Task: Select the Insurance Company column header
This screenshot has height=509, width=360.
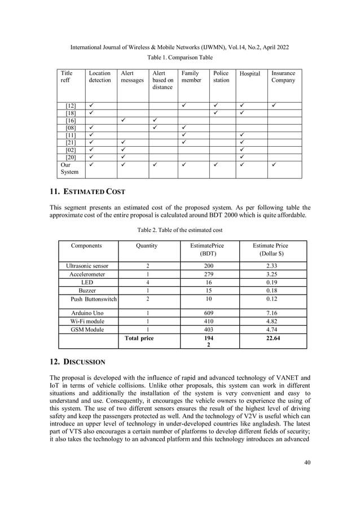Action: [x=283, y=77]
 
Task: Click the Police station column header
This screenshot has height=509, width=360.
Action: [x=221, y=77]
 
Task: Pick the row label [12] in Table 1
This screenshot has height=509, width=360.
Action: [x=71, y=106]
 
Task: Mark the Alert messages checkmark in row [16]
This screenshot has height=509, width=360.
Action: [x=123, y=121]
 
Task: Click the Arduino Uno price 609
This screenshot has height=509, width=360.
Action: [x=209, y=312]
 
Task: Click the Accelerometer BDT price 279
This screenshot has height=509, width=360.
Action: [x=209, y=274]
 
